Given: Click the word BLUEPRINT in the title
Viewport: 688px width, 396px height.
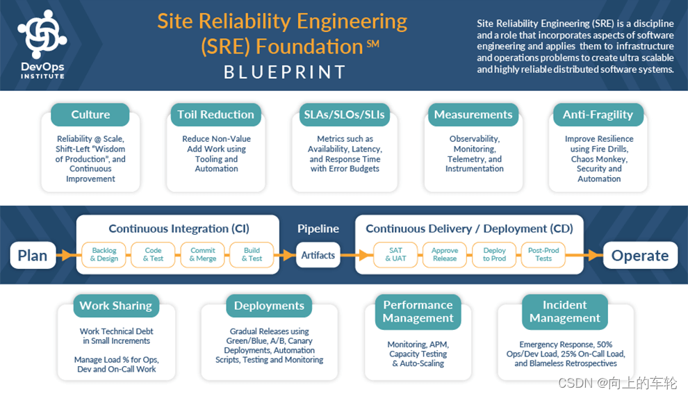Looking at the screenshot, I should pos(284,72).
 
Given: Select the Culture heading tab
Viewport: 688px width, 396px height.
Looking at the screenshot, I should pos(90,115).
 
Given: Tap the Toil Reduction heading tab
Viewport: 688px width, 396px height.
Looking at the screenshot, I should pos(215,115).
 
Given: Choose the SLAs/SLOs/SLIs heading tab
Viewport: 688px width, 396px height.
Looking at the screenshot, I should pos(345,115).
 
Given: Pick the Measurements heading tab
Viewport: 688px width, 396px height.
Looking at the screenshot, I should pos(473,115).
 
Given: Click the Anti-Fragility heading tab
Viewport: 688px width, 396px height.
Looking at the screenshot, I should pos(598,115).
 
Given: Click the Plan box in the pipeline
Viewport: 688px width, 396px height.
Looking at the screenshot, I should pos(33,255).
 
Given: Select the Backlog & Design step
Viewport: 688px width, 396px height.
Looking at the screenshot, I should pos(104,254).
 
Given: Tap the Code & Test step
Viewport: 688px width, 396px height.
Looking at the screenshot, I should pos(154,254).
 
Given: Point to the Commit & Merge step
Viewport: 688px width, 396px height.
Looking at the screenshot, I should pos(203,254).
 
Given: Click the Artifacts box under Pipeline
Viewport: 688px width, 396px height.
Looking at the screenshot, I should pos(318,255).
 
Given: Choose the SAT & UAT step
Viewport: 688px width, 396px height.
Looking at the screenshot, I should pos(395,254).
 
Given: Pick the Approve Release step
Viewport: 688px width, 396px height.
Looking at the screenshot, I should pos(445,254).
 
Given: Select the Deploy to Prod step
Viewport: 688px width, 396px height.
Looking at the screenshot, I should pos(495,254).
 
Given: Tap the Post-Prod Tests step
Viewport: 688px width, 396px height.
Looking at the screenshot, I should pos(543,254).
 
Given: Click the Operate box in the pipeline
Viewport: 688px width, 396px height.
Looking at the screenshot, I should pos(639,255).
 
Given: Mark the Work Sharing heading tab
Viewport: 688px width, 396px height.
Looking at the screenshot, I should pos(115,306).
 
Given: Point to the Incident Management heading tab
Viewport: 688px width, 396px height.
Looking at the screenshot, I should pos(564,311).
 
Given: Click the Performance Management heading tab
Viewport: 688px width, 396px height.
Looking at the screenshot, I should pos(418,311).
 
